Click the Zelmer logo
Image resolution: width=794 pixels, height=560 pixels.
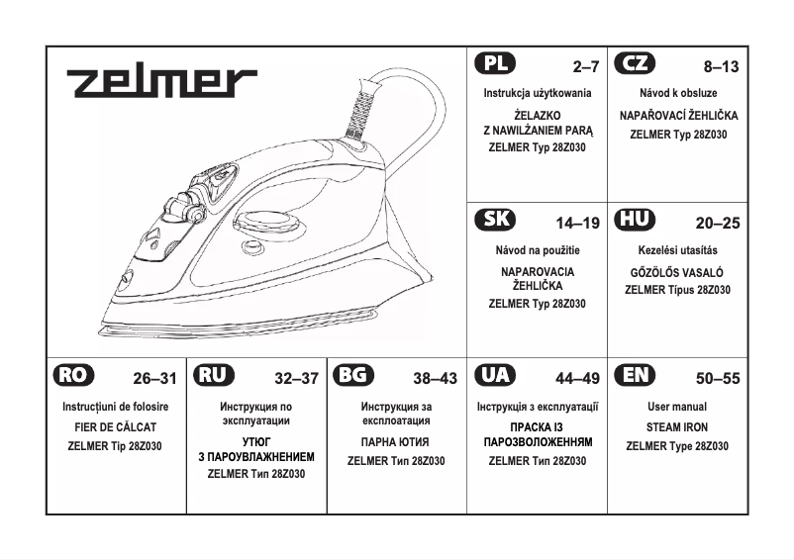click(x=162, y=82)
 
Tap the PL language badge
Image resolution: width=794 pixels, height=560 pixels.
click(x=495, y=64)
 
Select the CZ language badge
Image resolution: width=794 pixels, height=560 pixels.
click(x=635, y=64)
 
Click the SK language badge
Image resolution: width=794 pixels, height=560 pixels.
click(x=495, y=220)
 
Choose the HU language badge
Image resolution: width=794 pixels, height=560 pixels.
click(x=635, y=220)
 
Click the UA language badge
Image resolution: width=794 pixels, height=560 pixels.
click(x=495, y=376)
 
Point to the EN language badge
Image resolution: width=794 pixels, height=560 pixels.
click(x=635, y=376)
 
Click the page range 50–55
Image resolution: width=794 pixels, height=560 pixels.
click(x=718, y=378)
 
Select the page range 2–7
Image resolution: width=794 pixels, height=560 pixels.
click(x=586, y=67)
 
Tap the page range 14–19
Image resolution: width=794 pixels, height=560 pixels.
click(x=578, y=223)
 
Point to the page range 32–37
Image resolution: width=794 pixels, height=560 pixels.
click(x=297, y=378)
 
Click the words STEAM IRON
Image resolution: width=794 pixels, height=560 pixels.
click(x=677, y=427)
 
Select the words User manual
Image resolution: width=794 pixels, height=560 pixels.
click(x=677, y=408)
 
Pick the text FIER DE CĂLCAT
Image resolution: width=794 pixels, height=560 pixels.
click(x=116, y=427)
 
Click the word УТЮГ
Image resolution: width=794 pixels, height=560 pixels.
click(x=256, y=440)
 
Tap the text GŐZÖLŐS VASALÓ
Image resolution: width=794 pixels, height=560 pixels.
click(x=677, y=271)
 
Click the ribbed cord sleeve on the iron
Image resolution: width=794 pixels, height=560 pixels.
click(x=363, y=104)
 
